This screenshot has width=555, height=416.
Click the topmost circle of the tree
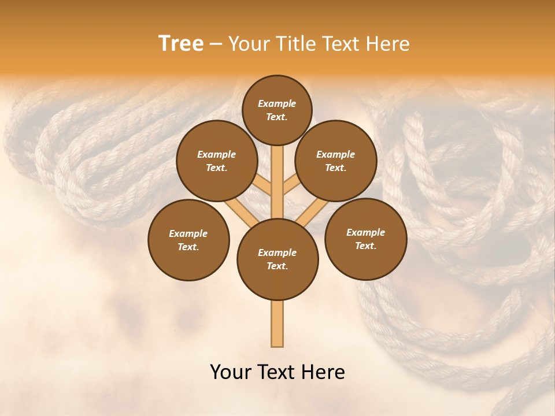(x=277, y=110)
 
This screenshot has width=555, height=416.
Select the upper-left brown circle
(x=216, y=161)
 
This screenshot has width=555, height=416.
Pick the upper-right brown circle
(x=336, y=161)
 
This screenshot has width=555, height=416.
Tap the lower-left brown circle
(x=188, y=240)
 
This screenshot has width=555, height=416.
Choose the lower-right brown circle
(x=365, y=239)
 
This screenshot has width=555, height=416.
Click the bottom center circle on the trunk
(x=277, y=259)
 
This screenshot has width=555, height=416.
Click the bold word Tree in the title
(x=181, y=43)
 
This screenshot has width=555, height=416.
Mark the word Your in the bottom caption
(x=230, y=372)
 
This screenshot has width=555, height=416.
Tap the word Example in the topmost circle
(x=277, y=103)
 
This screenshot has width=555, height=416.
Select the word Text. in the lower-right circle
(x=365, y=246)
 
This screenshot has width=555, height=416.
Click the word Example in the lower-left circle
(x=188, y=233)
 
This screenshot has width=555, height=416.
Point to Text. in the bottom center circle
(x=277, y=266)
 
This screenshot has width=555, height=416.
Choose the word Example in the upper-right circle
(x=336, y=154)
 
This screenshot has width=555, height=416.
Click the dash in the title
(x=216, y=44)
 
